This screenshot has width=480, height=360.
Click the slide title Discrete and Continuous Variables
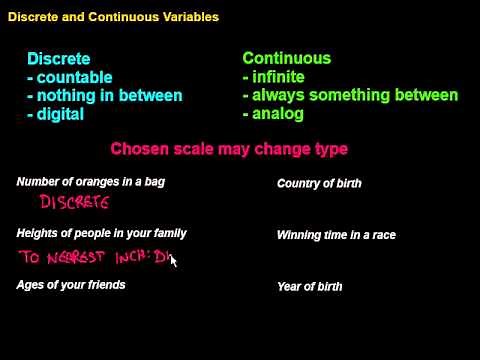[112, 17]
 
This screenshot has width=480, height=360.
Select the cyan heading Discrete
[58, 59]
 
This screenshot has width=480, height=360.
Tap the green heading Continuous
[286, 59]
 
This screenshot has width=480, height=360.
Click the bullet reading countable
[69, 77]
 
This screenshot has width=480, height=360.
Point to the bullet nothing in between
[104, 96]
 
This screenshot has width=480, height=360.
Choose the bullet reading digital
[59, 114]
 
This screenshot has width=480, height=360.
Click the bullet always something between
[350, 96]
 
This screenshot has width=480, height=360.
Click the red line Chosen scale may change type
[229, 149]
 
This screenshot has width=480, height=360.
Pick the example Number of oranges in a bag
[91, 182]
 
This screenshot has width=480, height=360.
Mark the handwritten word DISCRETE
[73, 203]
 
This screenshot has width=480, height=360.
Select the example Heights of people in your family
[102, 234]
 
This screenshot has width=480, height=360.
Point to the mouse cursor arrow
[173, 262]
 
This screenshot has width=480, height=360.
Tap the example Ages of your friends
[71, 286]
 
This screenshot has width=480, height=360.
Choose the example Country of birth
[319, 184]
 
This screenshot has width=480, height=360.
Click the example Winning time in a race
[336, 235]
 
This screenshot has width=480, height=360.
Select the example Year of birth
[309, 287]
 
